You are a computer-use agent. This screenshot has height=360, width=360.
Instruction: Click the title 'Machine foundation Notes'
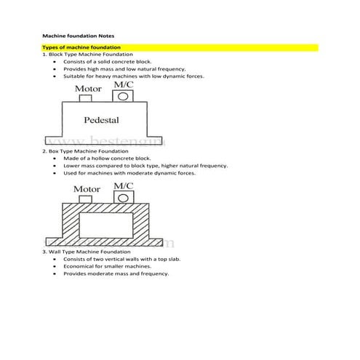point(78,35)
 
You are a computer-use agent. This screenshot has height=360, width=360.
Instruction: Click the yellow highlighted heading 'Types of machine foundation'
point(81,47)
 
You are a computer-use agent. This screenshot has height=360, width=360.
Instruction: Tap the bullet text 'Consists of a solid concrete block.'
point(108,62)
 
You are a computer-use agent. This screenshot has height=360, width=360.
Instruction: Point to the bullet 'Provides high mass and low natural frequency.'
point(125,69)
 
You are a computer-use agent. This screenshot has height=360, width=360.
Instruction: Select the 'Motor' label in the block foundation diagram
point(89,89)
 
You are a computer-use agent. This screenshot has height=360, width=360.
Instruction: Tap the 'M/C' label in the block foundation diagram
point(124,84)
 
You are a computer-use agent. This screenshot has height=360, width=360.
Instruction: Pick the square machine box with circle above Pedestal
point(117,96)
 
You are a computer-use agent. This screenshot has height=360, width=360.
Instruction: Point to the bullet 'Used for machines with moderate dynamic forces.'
point(129,173)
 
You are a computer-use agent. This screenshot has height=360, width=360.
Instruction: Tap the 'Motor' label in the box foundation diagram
point(87,189)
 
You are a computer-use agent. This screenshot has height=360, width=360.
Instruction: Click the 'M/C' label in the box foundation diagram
point(124,185)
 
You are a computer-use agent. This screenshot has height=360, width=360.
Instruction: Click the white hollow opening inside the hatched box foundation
point(105,225)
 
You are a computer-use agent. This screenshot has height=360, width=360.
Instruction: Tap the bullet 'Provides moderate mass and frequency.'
point(116,273)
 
